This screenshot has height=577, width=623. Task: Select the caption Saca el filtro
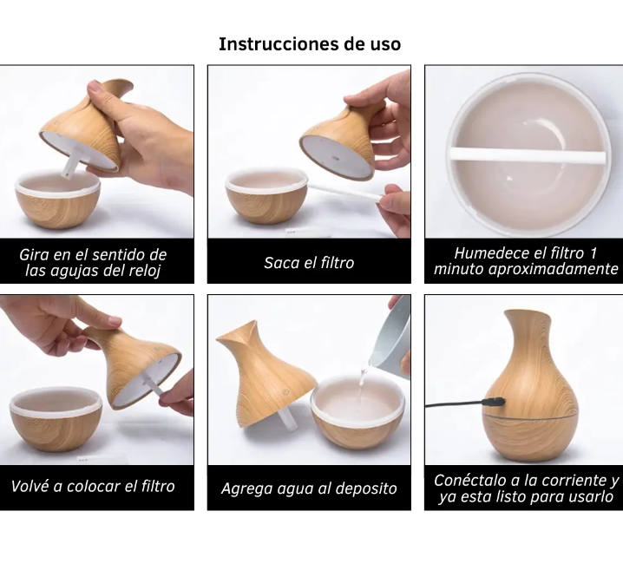(x=309, y=263)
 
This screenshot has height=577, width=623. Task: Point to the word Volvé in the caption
(x=30, y=486)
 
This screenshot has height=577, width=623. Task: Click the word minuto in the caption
(x=458, y=269)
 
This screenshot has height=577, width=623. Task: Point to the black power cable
(x=455, y=405)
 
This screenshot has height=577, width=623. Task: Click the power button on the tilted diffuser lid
(x=286, y=392)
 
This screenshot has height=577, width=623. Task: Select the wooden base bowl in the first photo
(x=58, y=201)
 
